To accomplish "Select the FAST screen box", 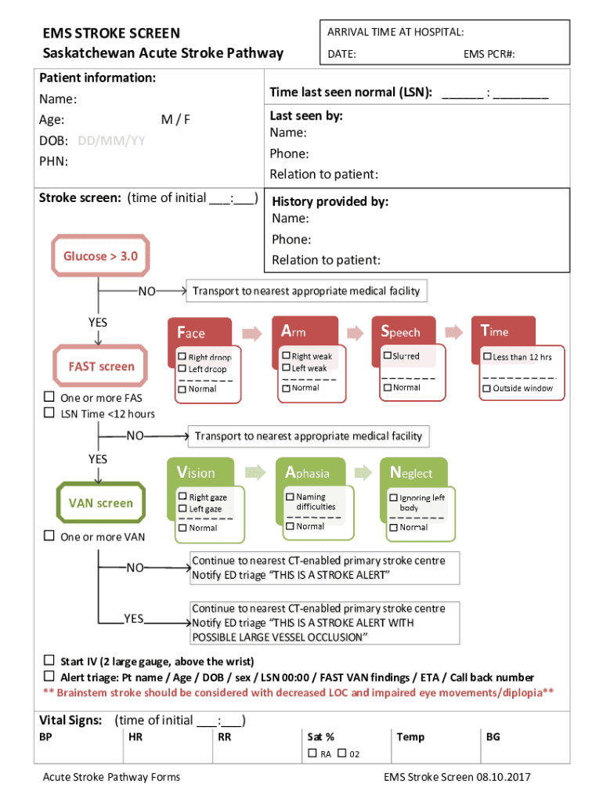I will (101, 366).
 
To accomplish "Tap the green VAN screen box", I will (101, 503).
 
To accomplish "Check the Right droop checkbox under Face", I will (182, 357).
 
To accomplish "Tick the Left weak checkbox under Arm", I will (287, 367).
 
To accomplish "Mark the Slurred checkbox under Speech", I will (387, 356).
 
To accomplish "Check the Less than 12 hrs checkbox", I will (486, 357).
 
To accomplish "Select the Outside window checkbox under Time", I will (486, 388).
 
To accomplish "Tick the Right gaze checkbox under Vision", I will (182, 497).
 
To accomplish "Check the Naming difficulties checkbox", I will (290, 497).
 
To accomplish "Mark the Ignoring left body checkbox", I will (393, 497).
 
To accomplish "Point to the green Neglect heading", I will (411, 472).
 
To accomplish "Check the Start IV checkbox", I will (49, 660).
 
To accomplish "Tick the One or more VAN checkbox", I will (49, 536).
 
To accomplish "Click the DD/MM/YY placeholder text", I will (111, 141).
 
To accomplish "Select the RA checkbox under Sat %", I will (312, 753).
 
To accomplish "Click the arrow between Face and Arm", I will (252, 331).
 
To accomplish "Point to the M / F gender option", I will (175, 120).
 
